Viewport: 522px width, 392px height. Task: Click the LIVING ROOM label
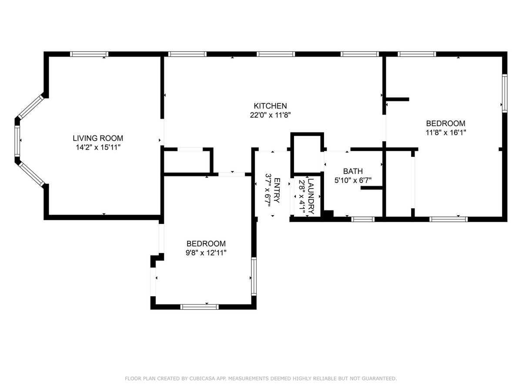[x=98, y=138]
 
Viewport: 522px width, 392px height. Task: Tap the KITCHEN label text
[x=270, y=106]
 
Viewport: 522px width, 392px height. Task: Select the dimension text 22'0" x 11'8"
[x=270, y=115]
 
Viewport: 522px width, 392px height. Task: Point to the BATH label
[x=353, y=171]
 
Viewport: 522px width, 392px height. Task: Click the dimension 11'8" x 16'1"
[x=446, y=132]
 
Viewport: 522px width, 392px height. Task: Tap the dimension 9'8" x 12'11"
[x=206, y=253]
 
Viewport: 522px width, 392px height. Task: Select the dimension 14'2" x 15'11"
[x=98, y=148]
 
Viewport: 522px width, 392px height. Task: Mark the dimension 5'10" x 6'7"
[x=353, y=180]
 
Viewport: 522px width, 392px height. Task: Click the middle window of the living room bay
[x=17, y=141]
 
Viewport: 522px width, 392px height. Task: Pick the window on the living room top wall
[x=89, y=54]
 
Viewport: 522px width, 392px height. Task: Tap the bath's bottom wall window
[x=363, y=219]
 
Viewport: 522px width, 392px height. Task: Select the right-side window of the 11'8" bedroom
[x=505, y=93]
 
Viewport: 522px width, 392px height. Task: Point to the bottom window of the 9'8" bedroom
[x=199, y=307]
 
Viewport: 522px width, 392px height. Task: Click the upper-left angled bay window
[x=31, y=107]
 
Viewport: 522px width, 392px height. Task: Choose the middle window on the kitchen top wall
[x=276, y=54]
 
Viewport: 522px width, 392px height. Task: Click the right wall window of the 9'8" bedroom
[x=254, y=276]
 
